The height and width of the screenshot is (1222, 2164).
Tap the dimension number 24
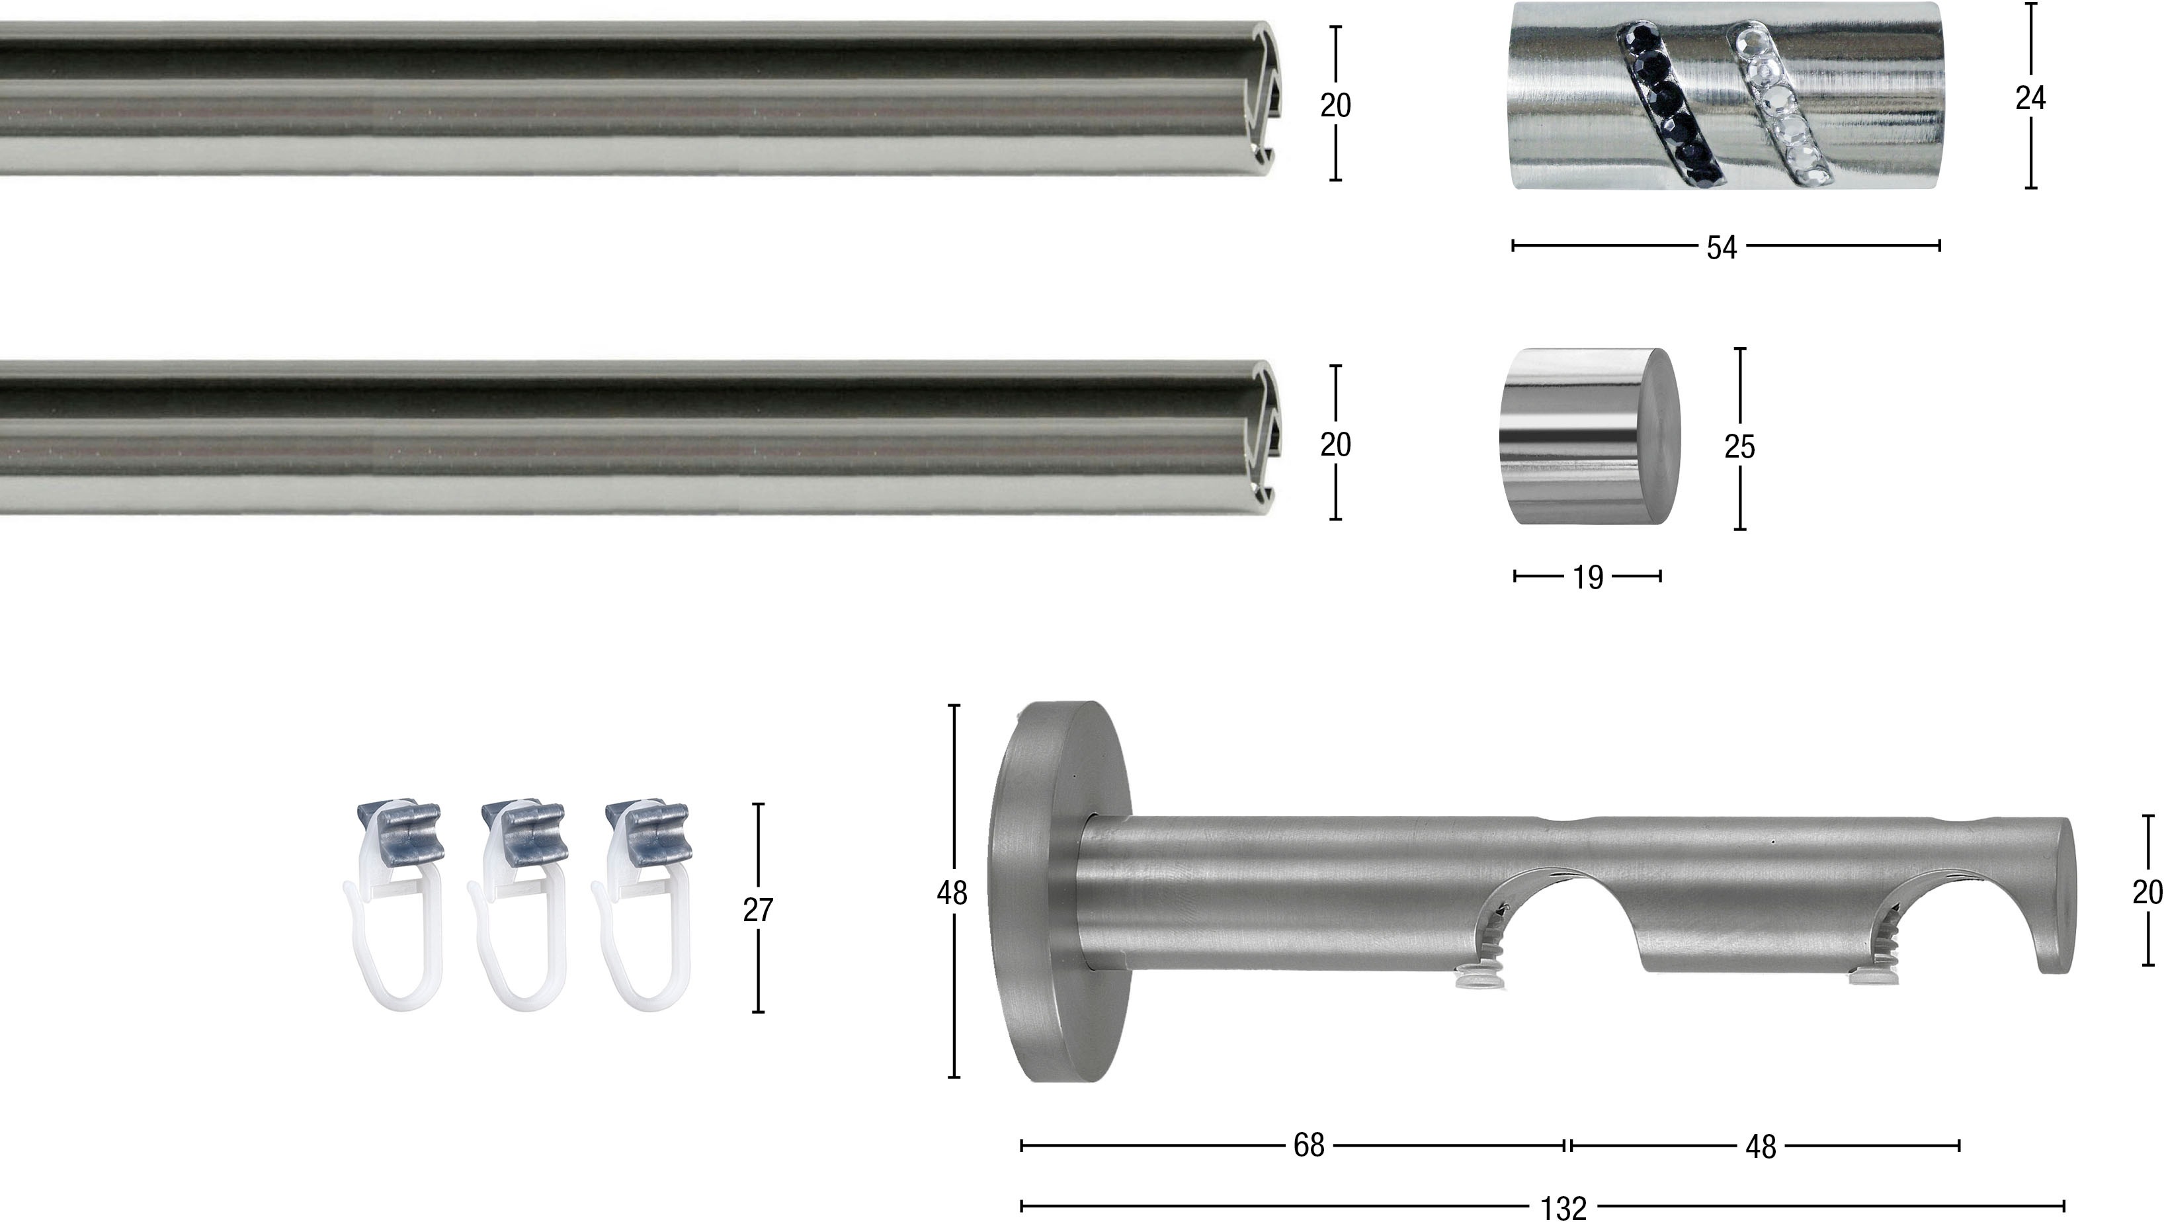2030,99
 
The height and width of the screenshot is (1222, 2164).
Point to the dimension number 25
1739,446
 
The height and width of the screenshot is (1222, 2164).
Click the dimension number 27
758,910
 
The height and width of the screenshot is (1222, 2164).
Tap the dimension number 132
1563,1209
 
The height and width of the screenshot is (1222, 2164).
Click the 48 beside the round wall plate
952,893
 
